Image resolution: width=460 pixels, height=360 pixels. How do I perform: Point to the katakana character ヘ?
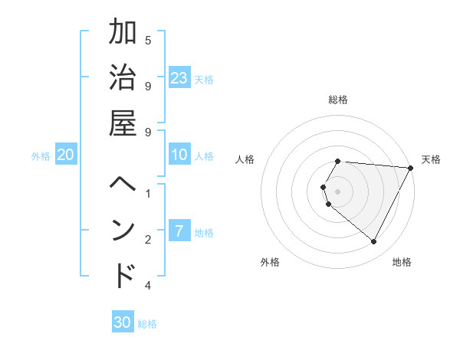click(x=123, y=186)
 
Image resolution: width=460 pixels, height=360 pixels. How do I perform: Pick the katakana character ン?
click(x=123, y=231)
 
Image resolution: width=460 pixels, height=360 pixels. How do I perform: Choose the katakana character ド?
click(x=123, y=276)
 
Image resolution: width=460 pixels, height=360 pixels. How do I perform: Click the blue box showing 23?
click(x=179, y=77)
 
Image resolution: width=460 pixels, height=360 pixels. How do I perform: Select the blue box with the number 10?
click(x=179, y=155)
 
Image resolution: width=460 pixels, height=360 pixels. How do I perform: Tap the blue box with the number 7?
click(x=179, y=231)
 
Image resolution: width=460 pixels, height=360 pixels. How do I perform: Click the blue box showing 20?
click(x=66, y=155)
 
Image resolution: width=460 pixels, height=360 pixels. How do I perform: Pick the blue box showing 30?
click(x=123, y=322)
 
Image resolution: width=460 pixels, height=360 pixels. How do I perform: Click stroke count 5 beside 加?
click(x=148, y=40)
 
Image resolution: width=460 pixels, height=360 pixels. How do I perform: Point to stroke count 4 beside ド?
click(x=148, y=286)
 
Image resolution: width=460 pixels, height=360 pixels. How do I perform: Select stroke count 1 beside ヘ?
click(x=148, y=193)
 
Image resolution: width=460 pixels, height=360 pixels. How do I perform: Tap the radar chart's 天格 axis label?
click(x=431, y=159)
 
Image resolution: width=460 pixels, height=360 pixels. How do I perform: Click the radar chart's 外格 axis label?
click(x=270, y=262)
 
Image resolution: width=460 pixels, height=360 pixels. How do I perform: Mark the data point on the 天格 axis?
click(x=411, y=168)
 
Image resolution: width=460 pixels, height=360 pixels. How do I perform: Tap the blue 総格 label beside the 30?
click(x=147, y=324)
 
